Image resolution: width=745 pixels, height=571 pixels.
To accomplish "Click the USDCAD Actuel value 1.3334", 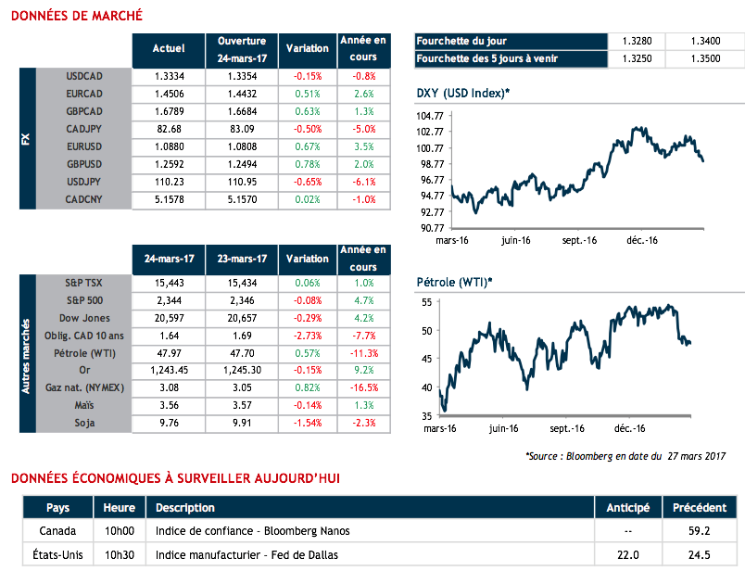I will click(x=168, y=76).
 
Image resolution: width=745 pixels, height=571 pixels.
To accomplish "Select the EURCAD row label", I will click(x=85, y=94).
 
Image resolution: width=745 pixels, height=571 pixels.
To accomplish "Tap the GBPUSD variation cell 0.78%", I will click(x=307, y=164).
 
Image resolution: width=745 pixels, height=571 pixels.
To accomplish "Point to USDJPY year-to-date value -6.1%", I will click(x=364, y=182).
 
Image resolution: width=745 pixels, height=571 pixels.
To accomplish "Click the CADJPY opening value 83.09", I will click(x=242, y=129).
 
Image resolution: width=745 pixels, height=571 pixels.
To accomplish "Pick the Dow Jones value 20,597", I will click(x=168, y=318).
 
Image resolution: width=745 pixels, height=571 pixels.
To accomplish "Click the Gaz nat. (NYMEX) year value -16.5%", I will click(x=364, y=388).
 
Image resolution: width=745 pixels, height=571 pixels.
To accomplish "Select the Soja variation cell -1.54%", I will click(x=307, y=424).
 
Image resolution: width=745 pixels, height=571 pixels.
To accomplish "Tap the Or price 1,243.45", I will click(x=168, y=371).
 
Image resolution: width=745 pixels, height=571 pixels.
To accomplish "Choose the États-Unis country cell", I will click(x=57, y=555).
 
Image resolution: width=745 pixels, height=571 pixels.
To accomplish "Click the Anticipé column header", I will click(x=628, y=508).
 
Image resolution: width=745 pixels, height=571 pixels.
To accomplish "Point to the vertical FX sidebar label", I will click(x=25, y=139).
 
